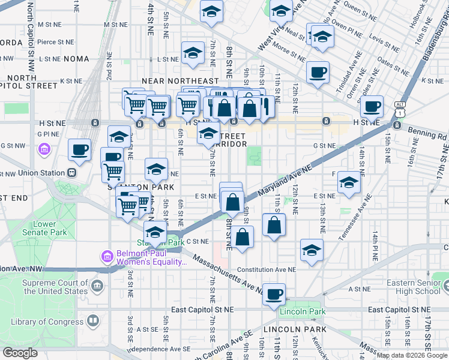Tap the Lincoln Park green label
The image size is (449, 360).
pos(303,311)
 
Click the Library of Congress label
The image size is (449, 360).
pos(47,322)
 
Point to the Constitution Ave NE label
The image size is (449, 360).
pos(267,270)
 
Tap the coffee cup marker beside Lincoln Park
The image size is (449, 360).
pos(274,294)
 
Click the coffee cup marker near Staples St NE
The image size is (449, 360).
pos(372,106)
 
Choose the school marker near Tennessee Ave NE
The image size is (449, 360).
pos(348,182)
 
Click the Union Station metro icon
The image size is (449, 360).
pos(72,173)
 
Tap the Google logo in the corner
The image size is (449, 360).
pos(20,352)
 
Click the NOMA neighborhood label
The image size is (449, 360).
pos(76,59)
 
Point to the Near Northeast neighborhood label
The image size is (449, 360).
pos(180,81)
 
